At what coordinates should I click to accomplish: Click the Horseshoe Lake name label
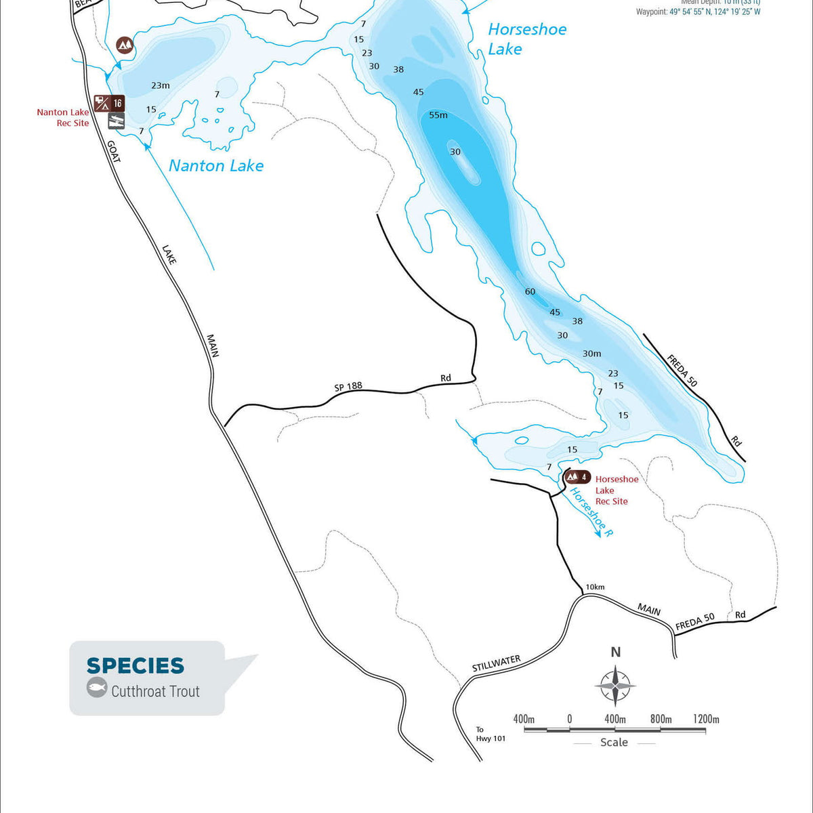tap(526, 39)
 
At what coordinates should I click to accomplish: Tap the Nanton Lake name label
tap(215, 166)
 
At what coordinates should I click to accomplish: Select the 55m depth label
tap(438, 115)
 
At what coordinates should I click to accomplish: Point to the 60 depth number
tap(530, 292)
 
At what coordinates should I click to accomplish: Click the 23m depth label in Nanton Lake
tap(161, 85)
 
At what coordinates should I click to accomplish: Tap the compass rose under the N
tap(615, 686)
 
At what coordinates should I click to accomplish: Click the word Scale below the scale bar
tap(614, 743)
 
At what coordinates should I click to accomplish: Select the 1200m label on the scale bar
tap(705, 719)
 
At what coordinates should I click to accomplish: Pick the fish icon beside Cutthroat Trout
tap(97, 688)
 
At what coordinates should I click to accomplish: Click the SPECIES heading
tap(135, 666)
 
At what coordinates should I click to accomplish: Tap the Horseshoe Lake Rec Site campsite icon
tap(573, 476)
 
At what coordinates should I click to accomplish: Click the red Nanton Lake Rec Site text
tap(63, 118)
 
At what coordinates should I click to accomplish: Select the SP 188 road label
tap(348, 387)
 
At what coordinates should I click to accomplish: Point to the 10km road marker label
tap(595, 587)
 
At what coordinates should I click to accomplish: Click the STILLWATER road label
tap(496, 664)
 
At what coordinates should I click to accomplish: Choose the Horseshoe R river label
tap(591, 512)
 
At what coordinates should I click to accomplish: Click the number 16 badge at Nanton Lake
tap(118, 103)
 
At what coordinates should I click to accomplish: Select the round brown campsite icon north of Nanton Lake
tap(125, 45)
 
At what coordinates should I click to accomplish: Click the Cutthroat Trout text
tap(155, 692)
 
